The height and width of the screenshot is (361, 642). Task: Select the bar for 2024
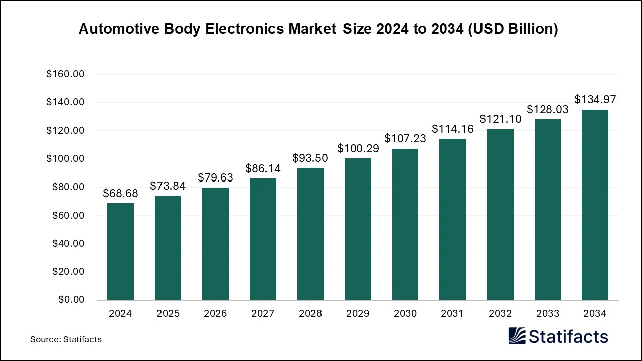tap(120, 251)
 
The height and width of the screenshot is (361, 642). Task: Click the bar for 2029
tap(358, 229)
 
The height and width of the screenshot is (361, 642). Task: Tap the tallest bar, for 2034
tap(595, 205)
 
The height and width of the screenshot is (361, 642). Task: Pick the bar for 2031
tap(452, 219)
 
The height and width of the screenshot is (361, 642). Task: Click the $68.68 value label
tap(120, 193)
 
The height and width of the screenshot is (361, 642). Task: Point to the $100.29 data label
tap(358, 148)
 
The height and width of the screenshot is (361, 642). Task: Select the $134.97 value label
tap(595, 99)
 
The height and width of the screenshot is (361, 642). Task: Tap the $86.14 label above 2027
tap(263, 169)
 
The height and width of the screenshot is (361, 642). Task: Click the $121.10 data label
tap(500, 119)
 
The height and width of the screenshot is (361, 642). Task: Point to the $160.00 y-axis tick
tap(65, 74)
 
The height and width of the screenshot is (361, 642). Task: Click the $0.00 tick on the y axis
tap(71, 300)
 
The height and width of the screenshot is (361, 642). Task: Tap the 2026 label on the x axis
tap(215, 314)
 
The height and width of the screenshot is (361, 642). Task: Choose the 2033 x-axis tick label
tap(547, 314)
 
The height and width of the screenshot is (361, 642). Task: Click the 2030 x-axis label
tap(405, 314)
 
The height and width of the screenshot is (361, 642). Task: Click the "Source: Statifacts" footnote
tap(66, 339)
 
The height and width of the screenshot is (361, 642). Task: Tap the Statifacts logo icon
tap(517, 336)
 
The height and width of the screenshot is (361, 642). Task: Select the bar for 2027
tap(263, 239)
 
